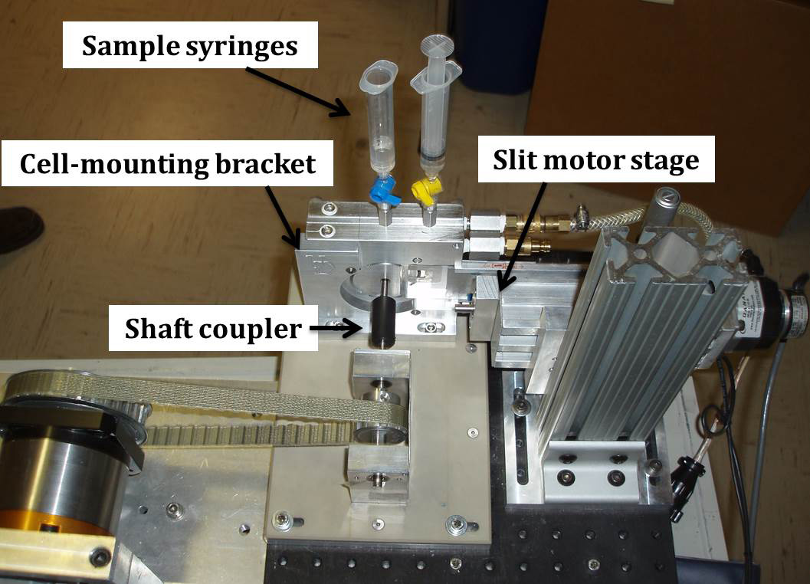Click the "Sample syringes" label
click(x=189, y=46)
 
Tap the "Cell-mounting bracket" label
click(x=167, y=162)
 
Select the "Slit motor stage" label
click(x=596, y=159)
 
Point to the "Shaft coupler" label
click(x=214, y=330)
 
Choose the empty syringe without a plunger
click(x=378, y=123)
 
